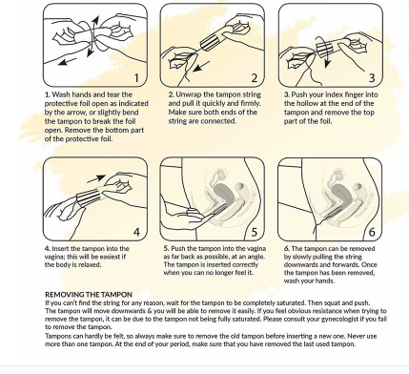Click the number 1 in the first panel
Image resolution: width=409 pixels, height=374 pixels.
point(136,77)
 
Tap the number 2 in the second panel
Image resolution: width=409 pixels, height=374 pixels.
point(255,77)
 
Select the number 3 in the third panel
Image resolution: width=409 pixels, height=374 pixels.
point(372,77)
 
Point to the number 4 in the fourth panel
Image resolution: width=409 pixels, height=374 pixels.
point(136,232)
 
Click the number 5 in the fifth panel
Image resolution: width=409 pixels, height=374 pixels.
point(255,232)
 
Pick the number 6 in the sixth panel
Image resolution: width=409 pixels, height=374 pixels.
point(372,232)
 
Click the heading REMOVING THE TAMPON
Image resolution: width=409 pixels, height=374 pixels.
point(89,295)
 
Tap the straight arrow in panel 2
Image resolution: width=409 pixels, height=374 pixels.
point(202,66)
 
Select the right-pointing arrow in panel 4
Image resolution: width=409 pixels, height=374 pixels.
point(96,178)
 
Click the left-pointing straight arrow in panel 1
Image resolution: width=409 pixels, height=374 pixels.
point(68,62)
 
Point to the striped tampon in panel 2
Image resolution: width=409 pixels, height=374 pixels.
point(211,42)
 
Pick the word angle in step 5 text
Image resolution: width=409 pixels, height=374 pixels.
point(255,257)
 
